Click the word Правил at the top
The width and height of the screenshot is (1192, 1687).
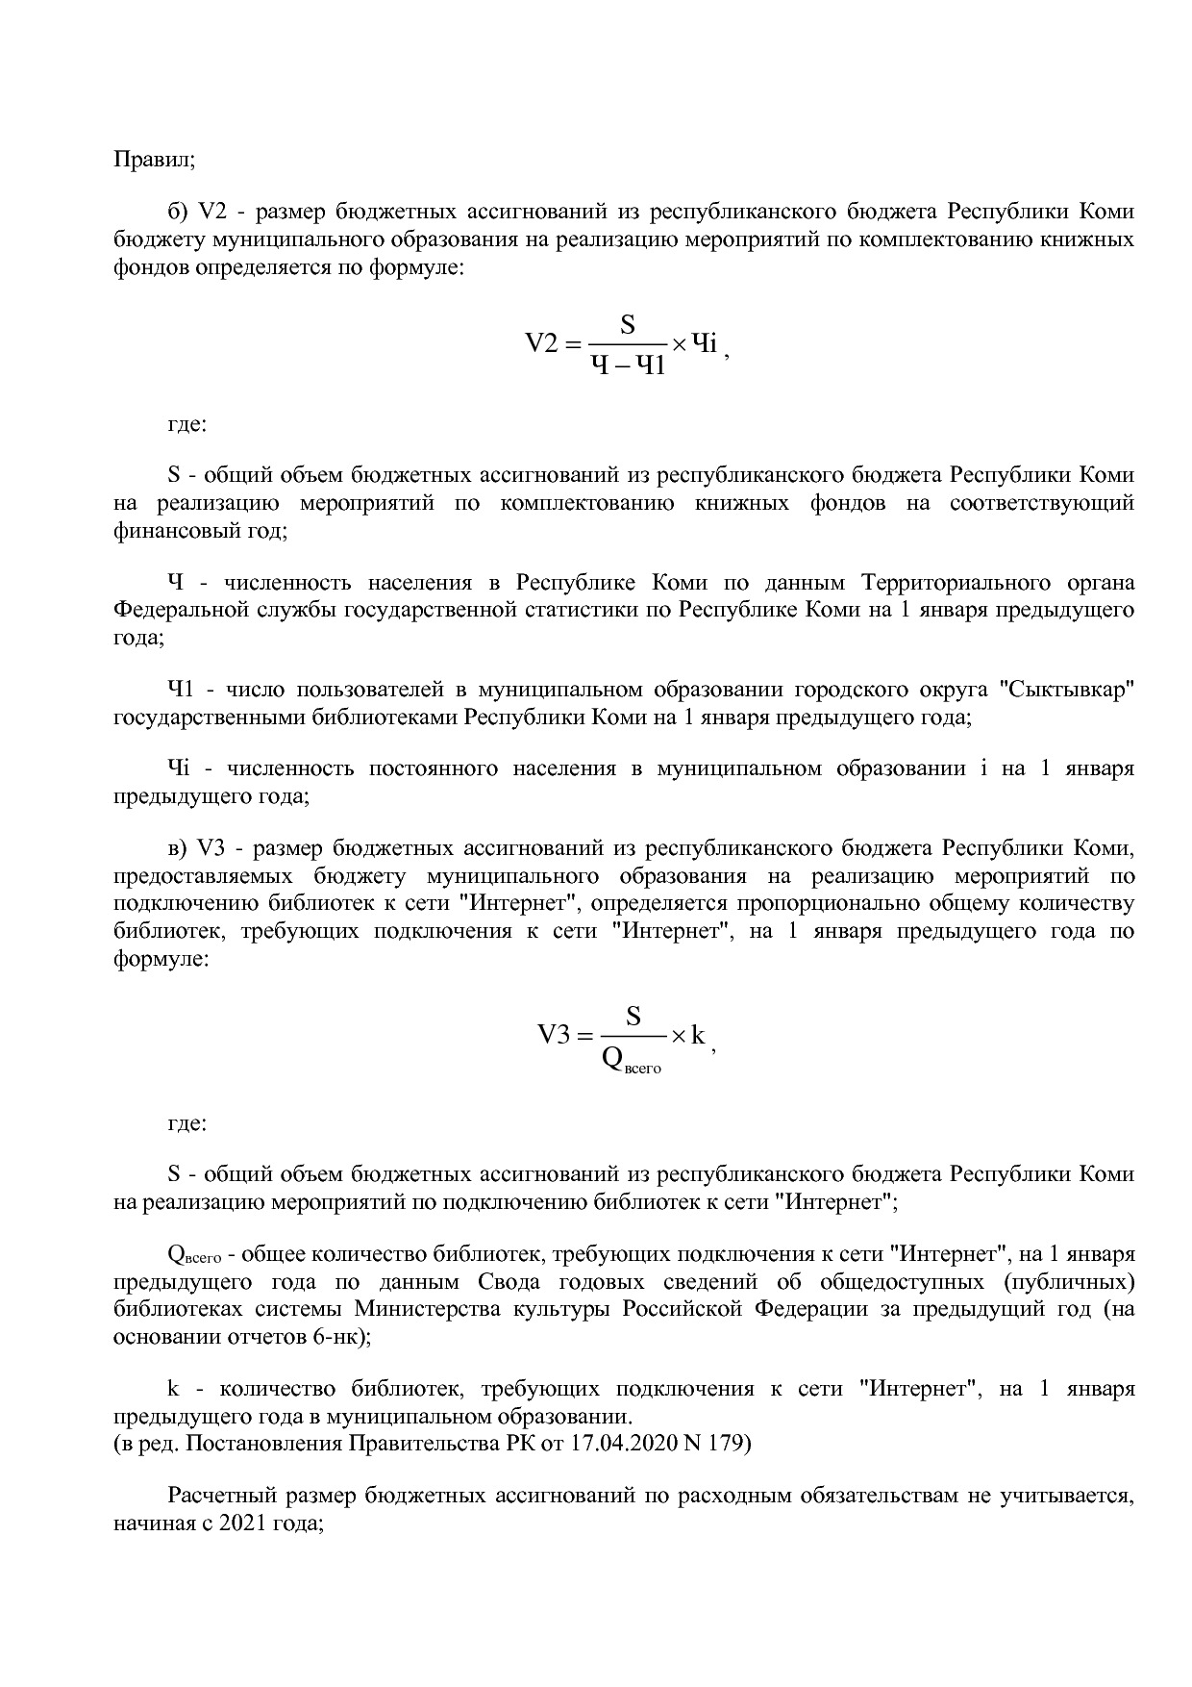(x=154, y=160)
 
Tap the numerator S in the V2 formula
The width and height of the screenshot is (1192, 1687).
(x=627, y=324)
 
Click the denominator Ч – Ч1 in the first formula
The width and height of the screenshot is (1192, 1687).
(x=627, y=365)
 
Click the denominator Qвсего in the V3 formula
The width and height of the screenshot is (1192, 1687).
(x=632, y=1059)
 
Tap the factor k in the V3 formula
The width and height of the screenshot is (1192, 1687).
(x=699, y=1035)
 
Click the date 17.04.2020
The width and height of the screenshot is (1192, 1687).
(x=605, y=1444)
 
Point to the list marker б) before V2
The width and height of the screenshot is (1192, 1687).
(x=179, y=213)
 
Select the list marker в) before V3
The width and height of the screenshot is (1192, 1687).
(x=178, y=849)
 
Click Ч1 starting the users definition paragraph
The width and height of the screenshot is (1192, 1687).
(x=181, y=690)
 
